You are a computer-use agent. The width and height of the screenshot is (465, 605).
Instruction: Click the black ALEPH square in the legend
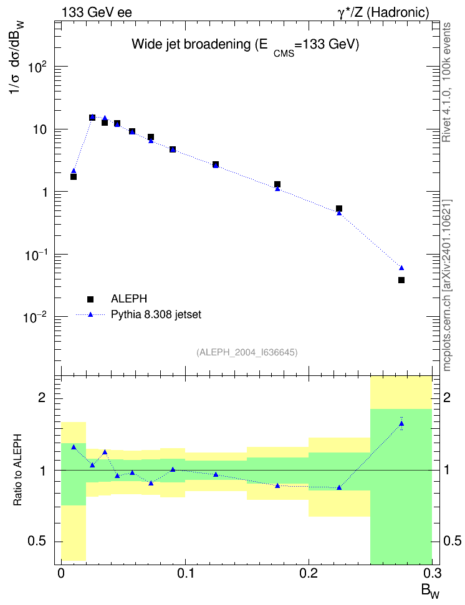[x=90, y=299]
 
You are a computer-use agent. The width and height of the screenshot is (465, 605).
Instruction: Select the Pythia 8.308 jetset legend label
[x=156, y=314]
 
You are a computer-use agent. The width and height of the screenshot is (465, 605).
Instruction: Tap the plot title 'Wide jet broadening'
[x=191, y=44]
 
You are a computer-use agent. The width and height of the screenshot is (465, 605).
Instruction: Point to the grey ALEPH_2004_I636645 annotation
[x=247, y=352]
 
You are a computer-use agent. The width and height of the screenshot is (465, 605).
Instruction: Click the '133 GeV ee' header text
[x=97, y=12]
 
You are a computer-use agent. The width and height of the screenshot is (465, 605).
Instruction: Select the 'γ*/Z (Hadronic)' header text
[x=383, y=12]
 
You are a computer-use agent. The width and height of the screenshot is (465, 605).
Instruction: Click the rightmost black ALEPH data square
[x=401, y=280]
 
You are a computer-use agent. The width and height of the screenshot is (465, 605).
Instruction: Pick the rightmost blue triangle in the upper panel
[x=401, y=268]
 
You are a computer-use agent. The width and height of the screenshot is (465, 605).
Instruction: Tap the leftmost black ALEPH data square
[x=74, y=177]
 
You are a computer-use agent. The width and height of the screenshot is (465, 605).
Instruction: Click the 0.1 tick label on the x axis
[x=185, y=573]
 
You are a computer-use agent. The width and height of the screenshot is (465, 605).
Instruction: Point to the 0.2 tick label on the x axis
[x=309, y=573]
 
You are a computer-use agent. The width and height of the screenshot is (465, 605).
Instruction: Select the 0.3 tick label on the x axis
[x=432, y=573]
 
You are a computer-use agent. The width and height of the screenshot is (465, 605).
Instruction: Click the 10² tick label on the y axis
[x=38, y=67]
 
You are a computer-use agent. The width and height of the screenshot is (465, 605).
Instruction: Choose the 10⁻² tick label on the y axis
[x=36, y=317]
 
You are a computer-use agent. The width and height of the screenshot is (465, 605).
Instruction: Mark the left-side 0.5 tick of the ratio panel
[x=37, y=542]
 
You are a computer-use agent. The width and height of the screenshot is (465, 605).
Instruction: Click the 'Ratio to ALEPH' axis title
[x=18, y=470]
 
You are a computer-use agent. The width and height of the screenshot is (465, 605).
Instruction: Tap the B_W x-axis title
[x=431, y=591]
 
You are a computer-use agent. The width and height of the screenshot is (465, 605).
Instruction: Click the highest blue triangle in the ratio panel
[x=401, y=424]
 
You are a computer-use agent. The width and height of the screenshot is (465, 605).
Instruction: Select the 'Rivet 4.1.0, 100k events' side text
[x=446, y=82]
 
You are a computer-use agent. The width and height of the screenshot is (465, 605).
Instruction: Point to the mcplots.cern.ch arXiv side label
[x=447, y=286]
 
